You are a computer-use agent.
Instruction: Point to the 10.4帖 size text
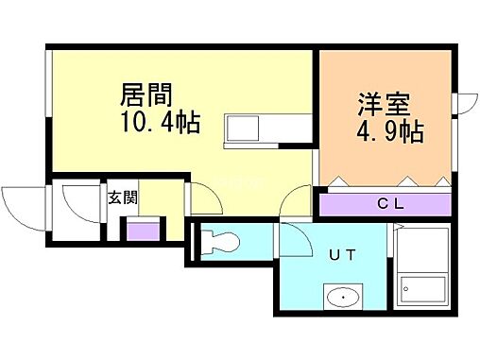pyautogui.click(x=160, y=123)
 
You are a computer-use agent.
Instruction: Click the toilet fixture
pyautogui.click(x=219, y=241)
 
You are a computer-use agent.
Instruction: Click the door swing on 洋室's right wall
pyautogui.click(x=466, y=104)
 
